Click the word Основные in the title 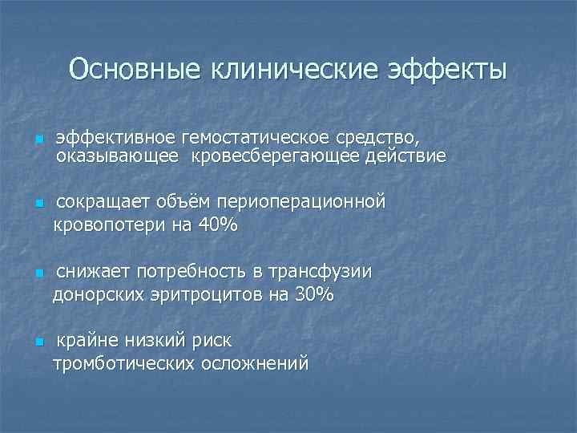point(135,69)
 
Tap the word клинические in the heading point(293,69)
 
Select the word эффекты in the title point(447,69)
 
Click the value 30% point(314,294)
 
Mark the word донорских point(99,294)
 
